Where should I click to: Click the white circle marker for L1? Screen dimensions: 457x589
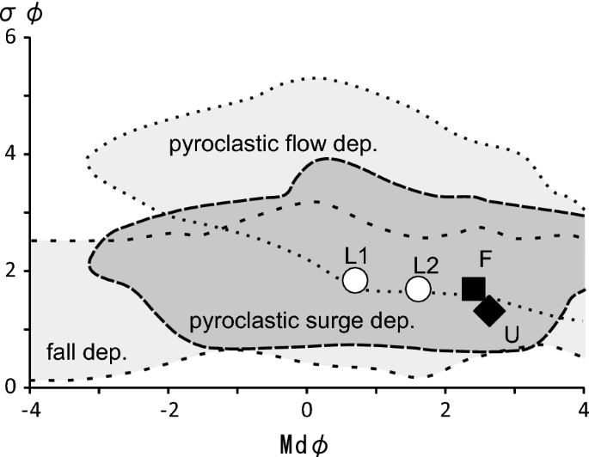(355, 280)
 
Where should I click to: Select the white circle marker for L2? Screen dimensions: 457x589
(419, 289)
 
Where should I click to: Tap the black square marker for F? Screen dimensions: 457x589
(474, 289)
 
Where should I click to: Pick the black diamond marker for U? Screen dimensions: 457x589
(489, 310)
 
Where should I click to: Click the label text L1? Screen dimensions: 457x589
(356, 256)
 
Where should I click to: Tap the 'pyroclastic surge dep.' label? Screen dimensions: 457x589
(297, 323)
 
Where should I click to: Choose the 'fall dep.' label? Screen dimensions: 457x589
(85, 352)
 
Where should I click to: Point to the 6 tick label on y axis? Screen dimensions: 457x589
(11, 39)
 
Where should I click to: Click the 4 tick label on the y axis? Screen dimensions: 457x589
(11, 155)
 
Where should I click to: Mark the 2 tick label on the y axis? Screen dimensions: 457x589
(11, 271)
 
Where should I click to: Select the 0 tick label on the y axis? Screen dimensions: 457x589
(11, 387)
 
